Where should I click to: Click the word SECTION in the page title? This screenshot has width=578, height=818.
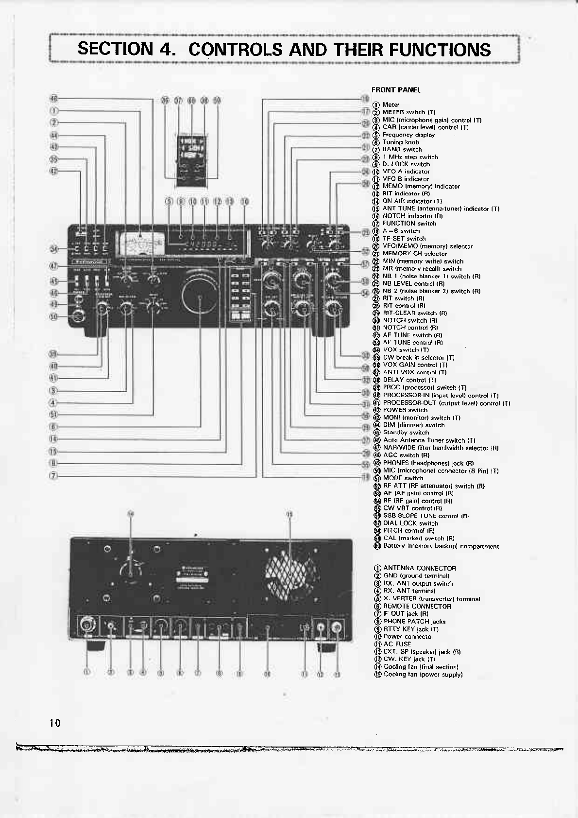[115, 50]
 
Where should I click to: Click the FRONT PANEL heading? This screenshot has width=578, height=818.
[396, 90]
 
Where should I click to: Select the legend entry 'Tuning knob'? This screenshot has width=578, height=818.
[401, 142]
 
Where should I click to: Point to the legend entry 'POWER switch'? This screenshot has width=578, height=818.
[405, 410]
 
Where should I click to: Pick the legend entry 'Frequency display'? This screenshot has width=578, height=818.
[408, 135]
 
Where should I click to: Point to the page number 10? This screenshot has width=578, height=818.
[55, 723]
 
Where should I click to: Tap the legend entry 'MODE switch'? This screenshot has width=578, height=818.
[403, 478]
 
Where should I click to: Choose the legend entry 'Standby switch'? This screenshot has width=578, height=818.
[406, 433]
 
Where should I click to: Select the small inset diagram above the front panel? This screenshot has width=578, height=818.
[192, 159]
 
